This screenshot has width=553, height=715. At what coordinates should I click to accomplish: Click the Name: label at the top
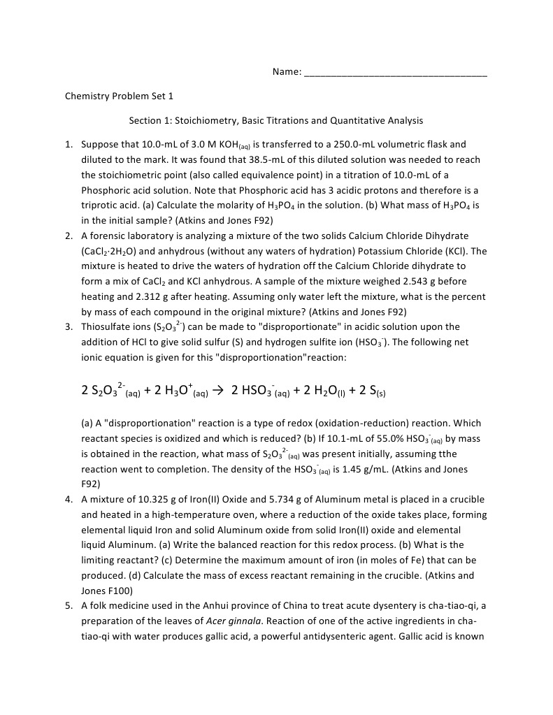point(287,72)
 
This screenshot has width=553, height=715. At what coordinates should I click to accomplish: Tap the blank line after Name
point(396,73)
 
